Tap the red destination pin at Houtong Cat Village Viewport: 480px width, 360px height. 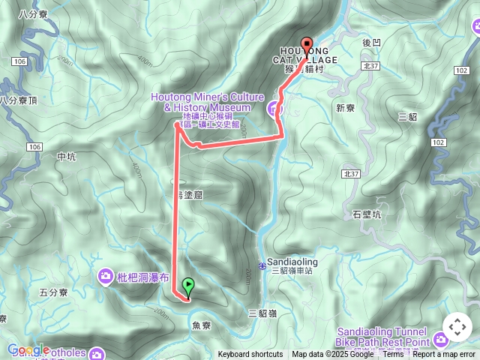pyautogui.click(x=306, y=45)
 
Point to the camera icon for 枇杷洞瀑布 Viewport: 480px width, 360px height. pyautogui.click(x=106, y=277)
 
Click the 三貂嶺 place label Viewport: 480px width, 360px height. pyautogui.click(x=262, y=313)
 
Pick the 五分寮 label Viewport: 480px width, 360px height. pyautogui.click(x=53, y=292)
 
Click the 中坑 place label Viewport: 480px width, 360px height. pyautogui.click(x=66, y=157)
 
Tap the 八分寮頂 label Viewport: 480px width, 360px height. pyautogui.click(x=18, y=100)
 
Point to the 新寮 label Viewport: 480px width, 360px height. pyautogui.click(x=345, y=108)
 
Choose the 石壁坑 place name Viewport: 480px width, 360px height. pyautogui.click(x=367, y=214)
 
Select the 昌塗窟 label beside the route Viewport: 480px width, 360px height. pyautogui.click(x=188, y=194)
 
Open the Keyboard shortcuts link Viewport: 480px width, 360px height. pyautogui.click(x=250, y=354)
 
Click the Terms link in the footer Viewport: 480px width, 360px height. pyautogui.click(x=393, y=354)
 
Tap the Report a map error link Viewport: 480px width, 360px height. pyautogui.click(x=444, y=354)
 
